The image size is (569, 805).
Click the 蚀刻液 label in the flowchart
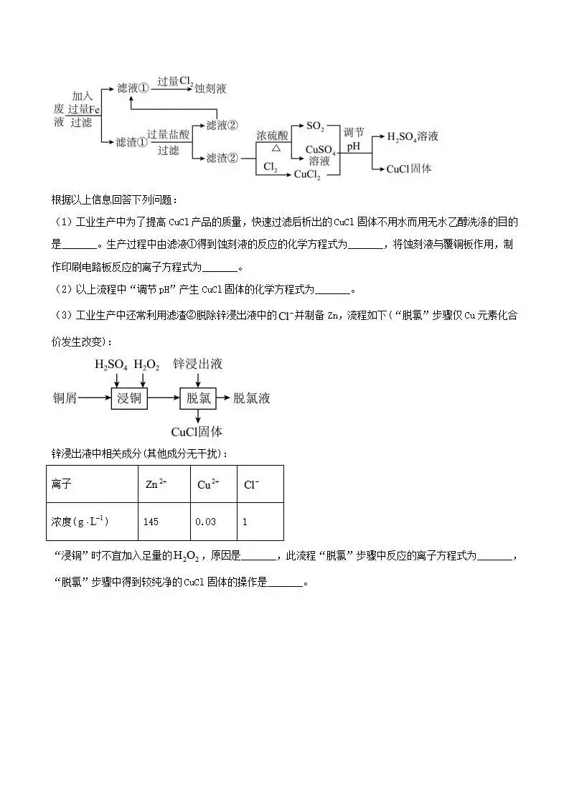[211, 88]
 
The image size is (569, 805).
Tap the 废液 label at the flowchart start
[59, 115]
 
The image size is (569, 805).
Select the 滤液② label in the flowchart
[222, 125]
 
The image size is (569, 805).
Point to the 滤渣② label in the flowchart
[222, 158]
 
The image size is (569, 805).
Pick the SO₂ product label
[315, 126]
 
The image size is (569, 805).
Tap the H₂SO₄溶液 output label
[413, 136]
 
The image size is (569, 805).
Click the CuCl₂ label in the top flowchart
[307, 174]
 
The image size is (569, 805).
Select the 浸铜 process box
[129, 397]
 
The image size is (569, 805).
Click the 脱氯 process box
[198, 397]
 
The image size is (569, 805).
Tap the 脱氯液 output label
[252, 397]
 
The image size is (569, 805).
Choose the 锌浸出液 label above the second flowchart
[197, 364]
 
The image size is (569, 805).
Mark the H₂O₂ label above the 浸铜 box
[146, 364]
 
